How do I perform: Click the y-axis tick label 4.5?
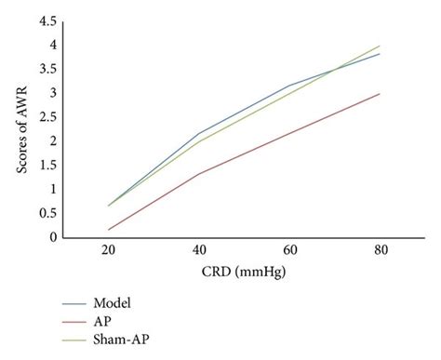[x=45, y=20]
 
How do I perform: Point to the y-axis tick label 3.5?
[x=45, y=69]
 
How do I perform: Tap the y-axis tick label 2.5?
[x=45, y=117]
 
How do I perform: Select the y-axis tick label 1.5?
[x=45, y=166]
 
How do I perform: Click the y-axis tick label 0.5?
[x=45, y=213]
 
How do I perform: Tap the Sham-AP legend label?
[x=118, y=339]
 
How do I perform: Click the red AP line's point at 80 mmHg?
[x=380, y=93]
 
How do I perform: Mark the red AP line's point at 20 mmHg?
[x=109, y=230]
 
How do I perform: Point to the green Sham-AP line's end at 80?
[x=380, y=46]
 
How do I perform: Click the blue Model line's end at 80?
[x=380, y=54]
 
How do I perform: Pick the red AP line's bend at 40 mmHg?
[x=199, y=174]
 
